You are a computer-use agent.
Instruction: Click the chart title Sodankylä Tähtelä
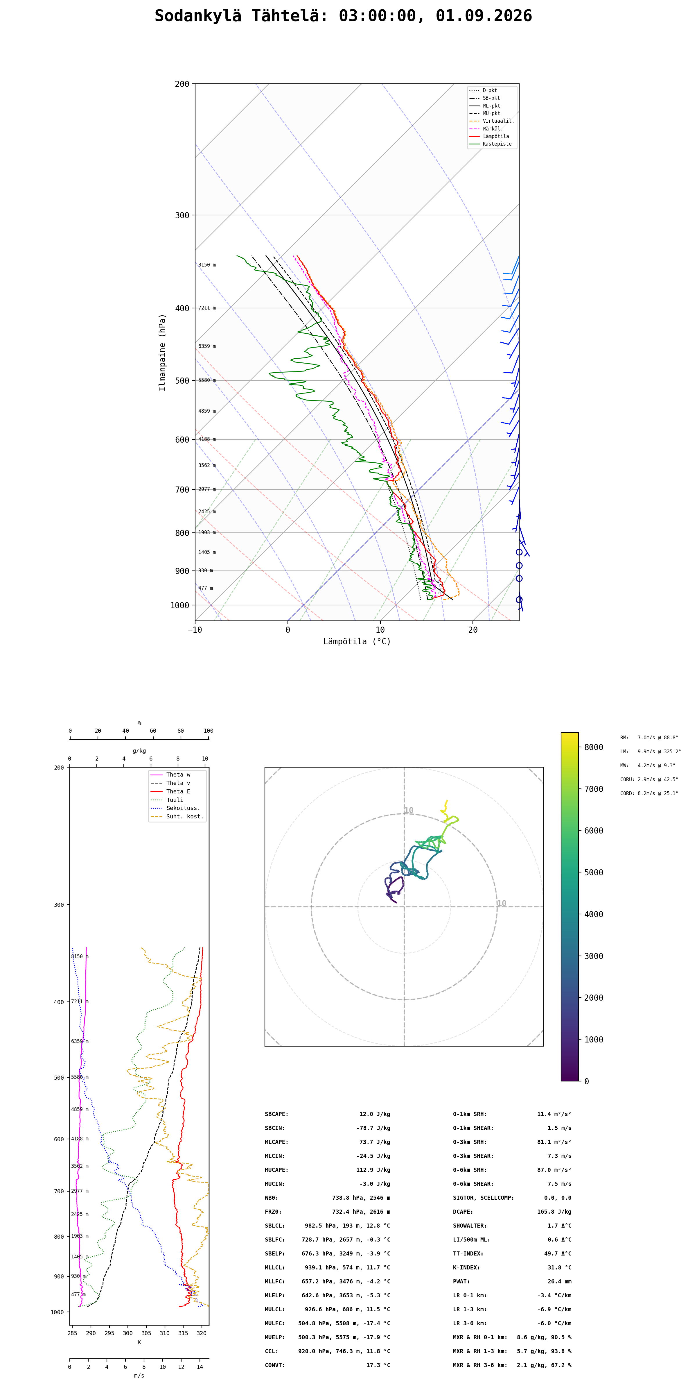point(241,16)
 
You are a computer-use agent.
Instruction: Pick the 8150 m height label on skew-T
point(207,265)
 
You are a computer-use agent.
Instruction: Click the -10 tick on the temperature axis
point(195,630)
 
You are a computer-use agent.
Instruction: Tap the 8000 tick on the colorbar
point(594,747)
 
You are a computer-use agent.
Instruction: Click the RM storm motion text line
point(649,738)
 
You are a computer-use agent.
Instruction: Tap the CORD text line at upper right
point(649,793)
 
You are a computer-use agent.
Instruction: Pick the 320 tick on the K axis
point(201,1333)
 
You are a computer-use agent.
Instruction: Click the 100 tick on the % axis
point(208,731)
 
